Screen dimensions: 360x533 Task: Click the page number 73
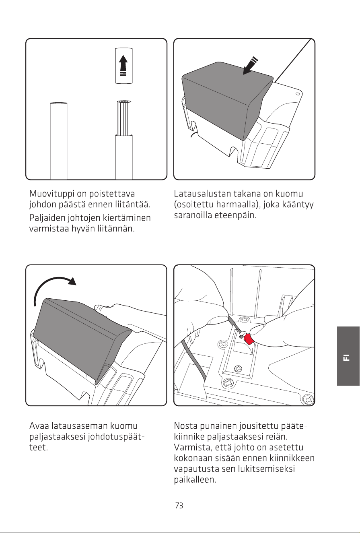point(179,506)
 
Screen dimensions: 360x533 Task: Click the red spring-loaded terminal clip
point(249,339)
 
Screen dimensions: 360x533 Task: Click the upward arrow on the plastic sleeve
point(123,66)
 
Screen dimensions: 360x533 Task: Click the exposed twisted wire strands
point(124,118)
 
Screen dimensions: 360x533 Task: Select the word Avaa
point(39,426)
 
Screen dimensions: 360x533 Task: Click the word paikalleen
point(195,479)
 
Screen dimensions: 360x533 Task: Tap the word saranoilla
point(193,215)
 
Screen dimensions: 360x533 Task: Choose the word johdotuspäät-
point(116,437)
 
